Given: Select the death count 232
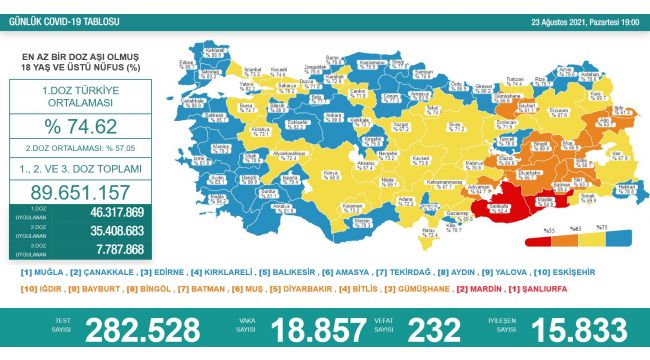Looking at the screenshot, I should point(431,331).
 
